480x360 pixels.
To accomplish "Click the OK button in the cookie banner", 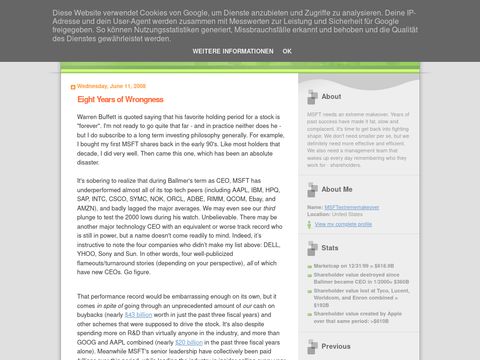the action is (287, 50).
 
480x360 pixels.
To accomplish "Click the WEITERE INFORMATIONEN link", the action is (233, 50).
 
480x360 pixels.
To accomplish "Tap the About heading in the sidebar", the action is (332, 97).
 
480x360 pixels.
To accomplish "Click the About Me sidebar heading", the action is (337, 188).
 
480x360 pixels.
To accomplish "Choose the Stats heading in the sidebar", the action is (331, 245).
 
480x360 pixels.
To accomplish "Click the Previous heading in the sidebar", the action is (336, 346).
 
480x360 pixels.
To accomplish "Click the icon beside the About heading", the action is (314, 97).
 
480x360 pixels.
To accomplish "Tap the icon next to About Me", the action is (314, 188).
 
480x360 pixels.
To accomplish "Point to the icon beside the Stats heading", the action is (314, 245).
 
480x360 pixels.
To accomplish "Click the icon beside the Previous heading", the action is (314, 346).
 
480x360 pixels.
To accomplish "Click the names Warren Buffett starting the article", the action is (101, 117).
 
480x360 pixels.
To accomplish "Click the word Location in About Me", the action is (327, 214).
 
